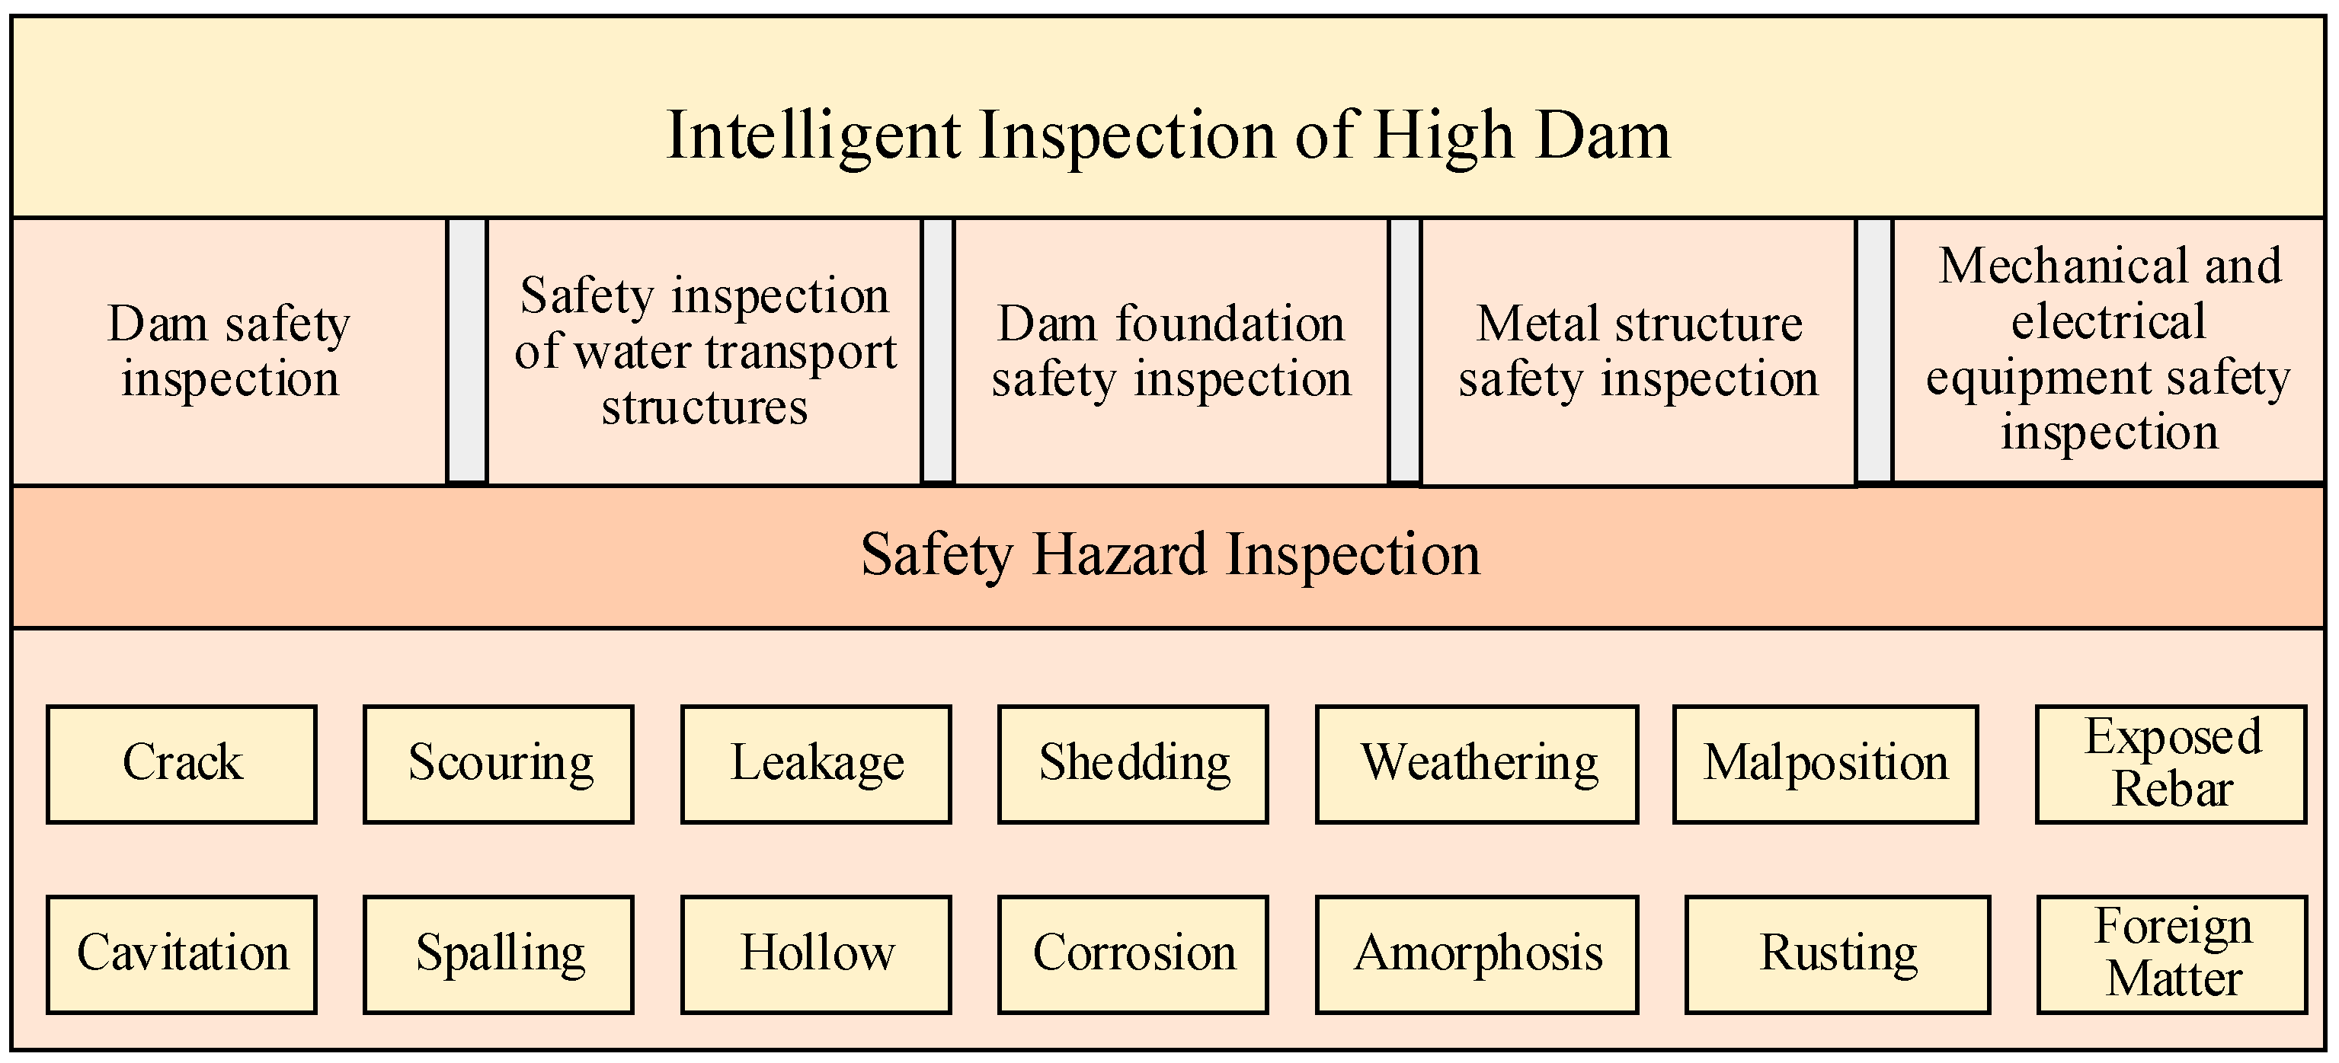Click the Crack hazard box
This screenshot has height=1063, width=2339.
(181, 764)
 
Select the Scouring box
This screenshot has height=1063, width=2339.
(498, 764)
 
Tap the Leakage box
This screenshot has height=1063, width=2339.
(816, 764)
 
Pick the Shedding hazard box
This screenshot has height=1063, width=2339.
(1133, 764)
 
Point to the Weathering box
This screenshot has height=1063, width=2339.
(1477, 764)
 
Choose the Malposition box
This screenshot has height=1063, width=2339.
(1825, 764)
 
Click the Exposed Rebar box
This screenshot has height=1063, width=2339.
(2172, 764)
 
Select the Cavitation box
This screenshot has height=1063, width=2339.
(181, 954)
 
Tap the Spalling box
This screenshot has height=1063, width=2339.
(498, 954)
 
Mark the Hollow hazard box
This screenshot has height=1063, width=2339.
(816, 954)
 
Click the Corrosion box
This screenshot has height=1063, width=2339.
(1133, 954)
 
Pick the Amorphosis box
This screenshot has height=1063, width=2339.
(1477, 954)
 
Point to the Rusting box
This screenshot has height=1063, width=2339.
(1838, 954)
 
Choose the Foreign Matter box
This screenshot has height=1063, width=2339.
(2173, 954)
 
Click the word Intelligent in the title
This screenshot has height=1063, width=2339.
(813, 136)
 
